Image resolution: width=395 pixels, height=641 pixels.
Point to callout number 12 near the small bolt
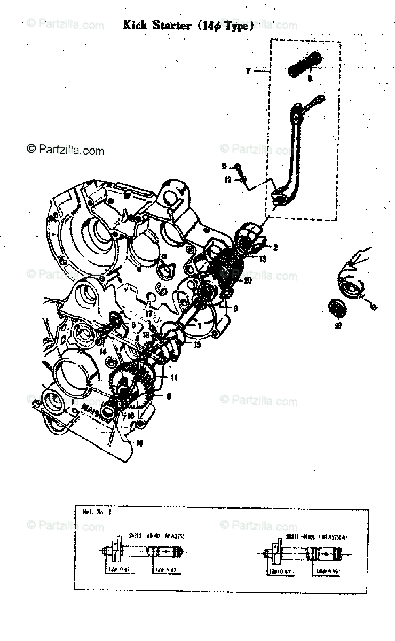[227, 179]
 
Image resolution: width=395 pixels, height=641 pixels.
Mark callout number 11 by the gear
[174, 377]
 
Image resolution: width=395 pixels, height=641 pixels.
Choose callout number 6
[168, 396]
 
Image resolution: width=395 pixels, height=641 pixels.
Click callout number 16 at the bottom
[140, 442]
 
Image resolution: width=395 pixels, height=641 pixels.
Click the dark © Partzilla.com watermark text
[65, 151]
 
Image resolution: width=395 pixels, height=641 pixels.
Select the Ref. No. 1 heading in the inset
[96, 511]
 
